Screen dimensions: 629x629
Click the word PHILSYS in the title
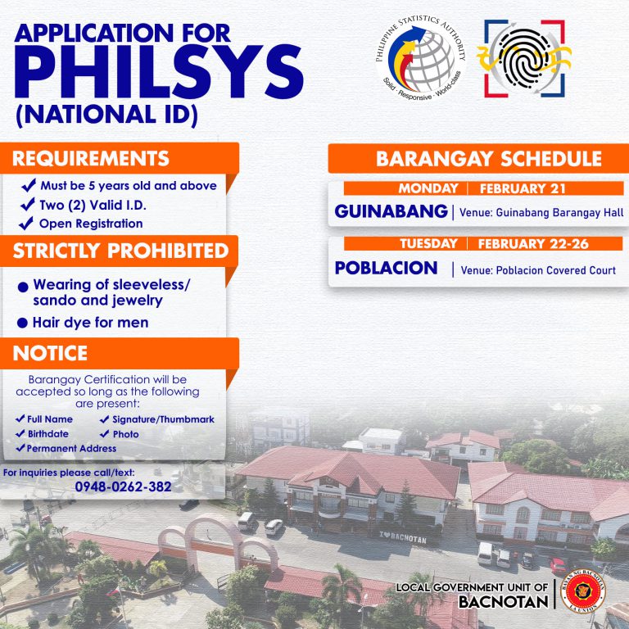159,71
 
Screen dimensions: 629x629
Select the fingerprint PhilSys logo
524,59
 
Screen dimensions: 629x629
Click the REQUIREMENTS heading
91,158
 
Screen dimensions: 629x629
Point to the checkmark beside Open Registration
26,223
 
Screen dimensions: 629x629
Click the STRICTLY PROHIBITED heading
120,251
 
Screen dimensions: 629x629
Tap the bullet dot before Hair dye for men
22,323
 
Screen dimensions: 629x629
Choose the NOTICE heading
50,353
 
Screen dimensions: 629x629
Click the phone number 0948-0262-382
123,486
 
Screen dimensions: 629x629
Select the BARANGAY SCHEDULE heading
489,158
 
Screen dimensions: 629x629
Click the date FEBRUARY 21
523,188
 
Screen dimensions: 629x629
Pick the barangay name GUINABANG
391,211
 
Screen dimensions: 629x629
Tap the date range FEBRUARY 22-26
533,243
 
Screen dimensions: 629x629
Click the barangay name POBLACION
386,268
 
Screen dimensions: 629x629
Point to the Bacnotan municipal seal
583,591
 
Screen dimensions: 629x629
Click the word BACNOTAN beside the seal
504,602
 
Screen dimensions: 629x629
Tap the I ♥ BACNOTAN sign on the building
403,537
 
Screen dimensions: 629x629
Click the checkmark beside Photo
104,433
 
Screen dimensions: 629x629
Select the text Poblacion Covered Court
555,270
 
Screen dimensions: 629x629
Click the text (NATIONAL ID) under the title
106,115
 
